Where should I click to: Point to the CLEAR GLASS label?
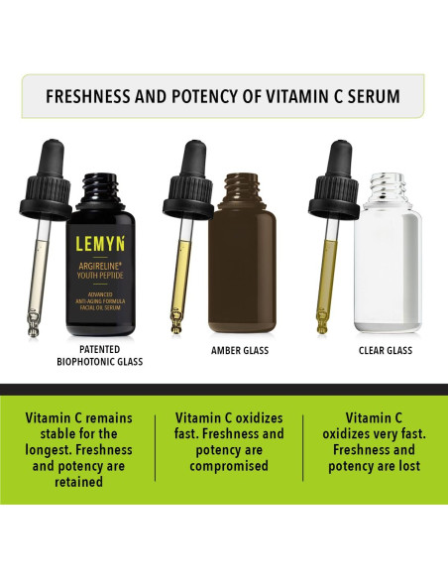385,350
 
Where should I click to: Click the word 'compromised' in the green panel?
229,464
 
